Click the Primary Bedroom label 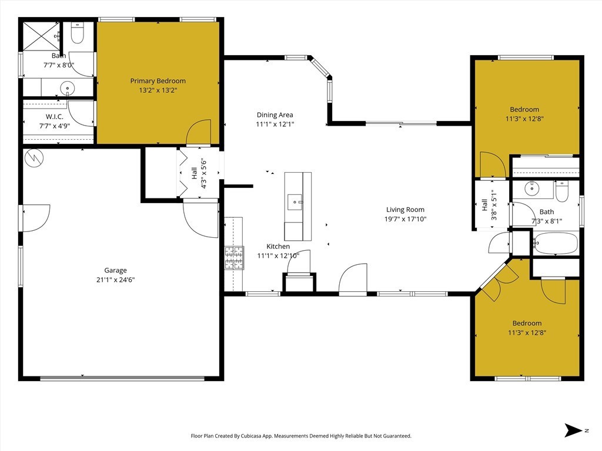[x=158, y=81]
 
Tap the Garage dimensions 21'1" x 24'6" [x=116, y=280]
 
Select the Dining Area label [x=275, y=115]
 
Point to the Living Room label [x=406, y=210]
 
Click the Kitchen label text [x=278, y=246]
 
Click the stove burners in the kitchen [x=234, y=258]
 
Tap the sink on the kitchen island [x=295, y=202]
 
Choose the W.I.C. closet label [x=55, y=117]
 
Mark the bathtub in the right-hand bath [x=556, y=243]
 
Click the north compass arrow [x=574, y=430]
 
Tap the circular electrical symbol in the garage [x=34, y=157]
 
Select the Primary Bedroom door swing [x=199, y=132]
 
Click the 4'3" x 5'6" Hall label [x=199, y=173]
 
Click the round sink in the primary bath [x=68, y=88]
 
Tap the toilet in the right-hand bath [x=561, y=192]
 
